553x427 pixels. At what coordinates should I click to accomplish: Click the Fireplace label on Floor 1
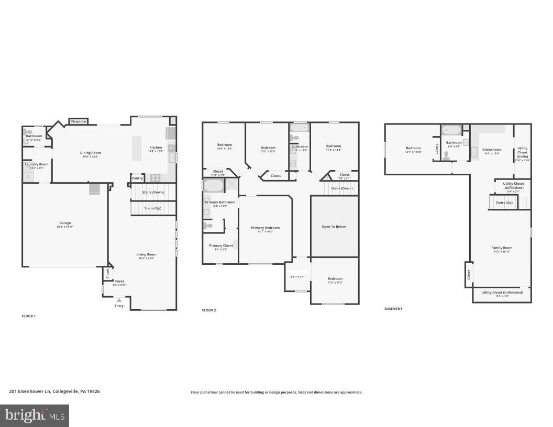point(78,121)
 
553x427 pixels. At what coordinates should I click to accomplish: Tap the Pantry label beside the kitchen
point(137,178)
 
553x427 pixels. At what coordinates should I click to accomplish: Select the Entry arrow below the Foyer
point(119,300)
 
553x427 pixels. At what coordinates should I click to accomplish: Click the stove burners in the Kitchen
point(156,177)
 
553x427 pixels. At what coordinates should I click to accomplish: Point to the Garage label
point(65,223)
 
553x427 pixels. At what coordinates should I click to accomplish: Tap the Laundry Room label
point(37,164)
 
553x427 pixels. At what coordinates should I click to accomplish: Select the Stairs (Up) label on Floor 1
point(153,208)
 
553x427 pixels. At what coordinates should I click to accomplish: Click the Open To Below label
point(334,227)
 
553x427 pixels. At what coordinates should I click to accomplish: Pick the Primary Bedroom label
point(265,228)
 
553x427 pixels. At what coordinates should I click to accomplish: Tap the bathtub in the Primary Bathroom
point(213,185)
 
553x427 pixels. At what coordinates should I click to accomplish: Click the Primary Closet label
point(221,245)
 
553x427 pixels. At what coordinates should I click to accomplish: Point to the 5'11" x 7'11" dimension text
point(297,277)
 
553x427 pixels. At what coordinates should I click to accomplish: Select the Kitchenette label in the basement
point(492,150)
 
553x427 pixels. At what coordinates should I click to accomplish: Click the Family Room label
point(501,248)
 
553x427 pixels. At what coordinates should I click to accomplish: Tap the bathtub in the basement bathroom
point(451,130)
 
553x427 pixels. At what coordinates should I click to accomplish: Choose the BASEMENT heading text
point(393,309)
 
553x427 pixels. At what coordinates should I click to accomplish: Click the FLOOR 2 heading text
point(209,310)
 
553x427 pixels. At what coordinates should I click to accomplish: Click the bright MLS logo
point(35,416)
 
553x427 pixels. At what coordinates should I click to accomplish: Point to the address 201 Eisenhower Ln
point(54,391)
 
